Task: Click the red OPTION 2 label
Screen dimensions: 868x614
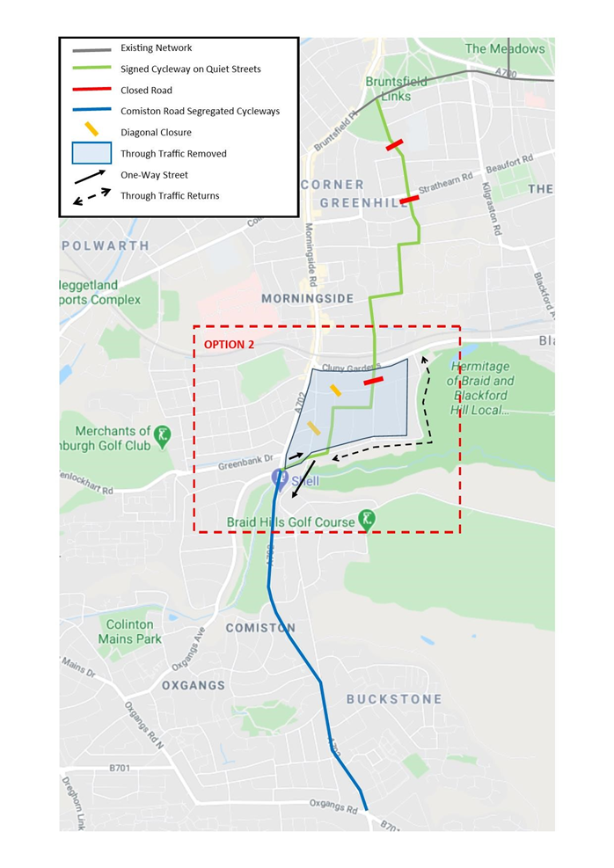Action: (229, 345)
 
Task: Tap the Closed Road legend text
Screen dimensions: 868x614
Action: (146, 91)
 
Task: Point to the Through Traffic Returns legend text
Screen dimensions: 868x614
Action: (170, 196)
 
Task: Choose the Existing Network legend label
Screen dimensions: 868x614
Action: (156, 47)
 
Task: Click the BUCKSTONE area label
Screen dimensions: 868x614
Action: (393, 699)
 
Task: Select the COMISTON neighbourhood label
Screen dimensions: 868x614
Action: (260, 628)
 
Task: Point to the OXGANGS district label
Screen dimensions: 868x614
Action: (194, 685)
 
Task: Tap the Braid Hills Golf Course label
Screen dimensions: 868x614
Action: (290, 522)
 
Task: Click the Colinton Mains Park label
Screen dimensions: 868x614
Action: (130, 631)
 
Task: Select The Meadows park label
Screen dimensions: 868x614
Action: (505, 48)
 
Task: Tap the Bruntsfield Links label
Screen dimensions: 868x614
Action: (396, 89)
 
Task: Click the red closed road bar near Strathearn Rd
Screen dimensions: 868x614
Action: (409, 201)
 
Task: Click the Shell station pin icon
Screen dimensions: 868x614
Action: (279, 478)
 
